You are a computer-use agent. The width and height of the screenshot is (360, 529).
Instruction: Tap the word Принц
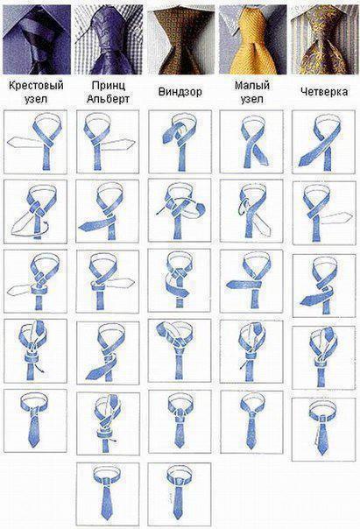click(x=108, y=85)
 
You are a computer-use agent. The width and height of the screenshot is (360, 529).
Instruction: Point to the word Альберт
click(x=108, y=97)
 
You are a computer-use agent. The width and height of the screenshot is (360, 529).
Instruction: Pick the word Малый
click(x=251, y=85)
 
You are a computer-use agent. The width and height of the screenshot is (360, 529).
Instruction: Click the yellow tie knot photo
click(x=252, y=37)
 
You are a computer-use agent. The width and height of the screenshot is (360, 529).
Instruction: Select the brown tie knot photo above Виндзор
click(x=180, y=37)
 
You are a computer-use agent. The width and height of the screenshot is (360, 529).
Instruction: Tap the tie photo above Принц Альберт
click(x=108, y=37)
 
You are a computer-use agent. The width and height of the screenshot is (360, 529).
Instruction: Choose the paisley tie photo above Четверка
click(x=324, y=37)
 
